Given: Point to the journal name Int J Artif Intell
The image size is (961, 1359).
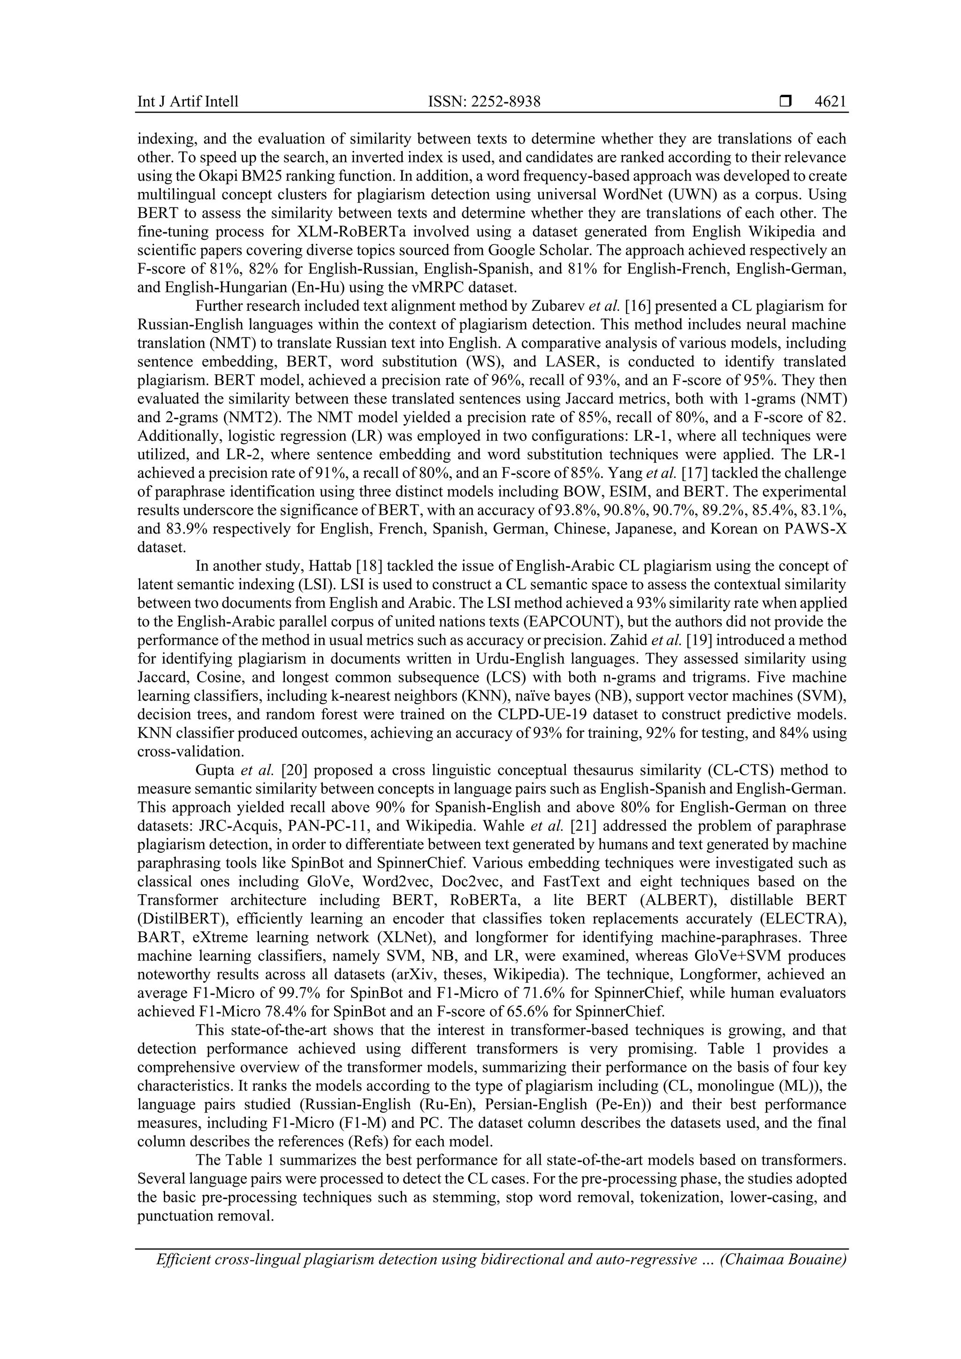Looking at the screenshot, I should click(188, 102).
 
